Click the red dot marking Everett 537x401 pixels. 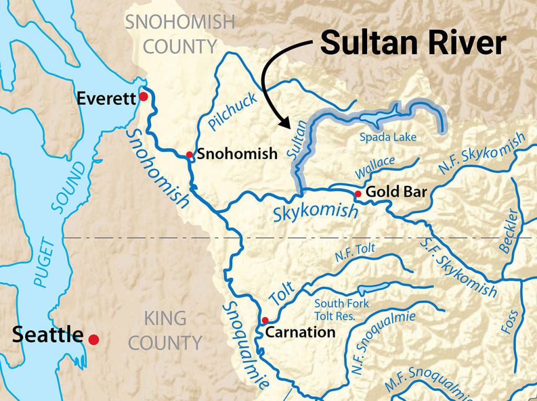[143, 97]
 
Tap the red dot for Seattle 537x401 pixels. [94, 340]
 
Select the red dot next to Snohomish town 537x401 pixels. [189, 154]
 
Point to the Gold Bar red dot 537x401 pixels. [358, 194]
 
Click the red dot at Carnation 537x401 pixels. [265, 320]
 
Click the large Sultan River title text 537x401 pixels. [413, 43]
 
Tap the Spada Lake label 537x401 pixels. [388, 138]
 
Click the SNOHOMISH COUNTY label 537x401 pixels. [180, 34]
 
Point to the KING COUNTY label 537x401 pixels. [165, 330]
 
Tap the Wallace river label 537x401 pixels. [374, 166]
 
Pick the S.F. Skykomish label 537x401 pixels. [458, 267]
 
